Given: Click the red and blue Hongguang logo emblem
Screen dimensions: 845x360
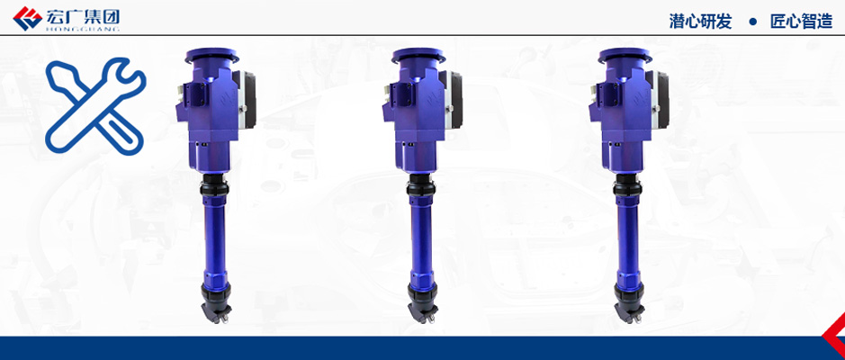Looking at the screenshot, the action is (x=27, y=18).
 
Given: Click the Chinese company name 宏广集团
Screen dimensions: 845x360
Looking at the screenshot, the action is (x=83, y=16).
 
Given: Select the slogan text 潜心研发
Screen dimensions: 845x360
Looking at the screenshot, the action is (x=700, y=22).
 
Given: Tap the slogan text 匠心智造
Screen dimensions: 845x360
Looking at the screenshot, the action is (x=801, y=22).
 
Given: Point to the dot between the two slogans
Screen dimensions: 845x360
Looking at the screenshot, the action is (x=752, y=22).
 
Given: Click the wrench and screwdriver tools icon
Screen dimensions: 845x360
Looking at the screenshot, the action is (x=95, y=106).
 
